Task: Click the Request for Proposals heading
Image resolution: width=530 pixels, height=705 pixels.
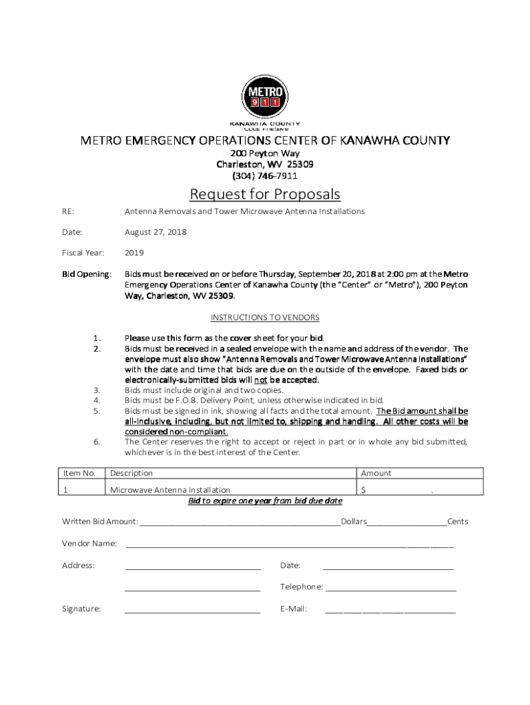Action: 265,194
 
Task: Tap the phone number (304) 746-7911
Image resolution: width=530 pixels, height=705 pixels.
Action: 265,176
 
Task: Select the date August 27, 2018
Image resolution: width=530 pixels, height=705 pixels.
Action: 156,232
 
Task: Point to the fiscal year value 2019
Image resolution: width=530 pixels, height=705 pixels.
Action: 134,253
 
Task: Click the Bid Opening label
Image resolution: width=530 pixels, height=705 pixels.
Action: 87,274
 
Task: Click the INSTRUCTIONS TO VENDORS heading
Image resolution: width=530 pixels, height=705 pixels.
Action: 265,317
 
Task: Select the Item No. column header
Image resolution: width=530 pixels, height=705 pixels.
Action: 79,473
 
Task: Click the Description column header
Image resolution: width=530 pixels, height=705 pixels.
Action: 131,473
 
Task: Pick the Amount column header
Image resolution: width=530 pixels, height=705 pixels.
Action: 376,473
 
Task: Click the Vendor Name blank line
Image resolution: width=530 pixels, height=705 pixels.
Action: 289,547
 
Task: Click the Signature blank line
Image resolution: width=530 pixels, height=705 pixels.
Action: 192,611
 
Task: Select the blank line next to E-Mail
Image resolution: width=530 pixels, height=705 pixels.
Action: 390,611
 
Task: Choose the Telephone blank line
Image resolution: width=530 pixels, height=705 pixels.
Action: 390,590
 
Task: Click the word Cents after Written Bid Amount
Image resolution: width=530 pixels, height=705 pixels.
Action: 457,521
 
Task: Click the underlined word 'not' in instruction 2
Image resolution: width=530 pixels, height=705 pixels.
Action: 261,380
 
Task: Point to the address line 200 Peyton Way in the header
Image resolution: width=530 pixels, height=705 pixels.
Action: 265,154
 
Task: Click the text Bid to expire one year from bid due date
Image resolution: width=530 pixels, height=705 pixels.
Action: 265,501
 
